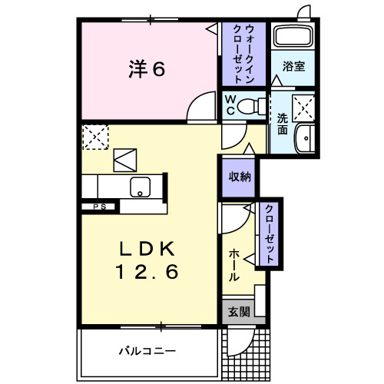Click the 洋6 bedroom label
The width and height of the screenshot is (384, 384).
coord(146,69)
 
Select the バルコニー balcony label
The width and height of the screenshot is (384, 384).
coord(147,351)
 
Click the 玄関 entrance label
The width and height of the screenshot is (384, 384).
coord(239,312)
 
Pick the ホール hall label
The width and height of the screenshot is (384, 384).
coord(233,265)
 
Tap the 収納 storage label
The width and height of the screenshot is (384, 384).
coord(238,176)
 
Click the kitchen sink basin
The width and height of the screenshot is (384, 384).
coord(141,187)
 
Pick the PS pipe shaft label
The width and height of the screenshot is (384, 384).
coord(99,206)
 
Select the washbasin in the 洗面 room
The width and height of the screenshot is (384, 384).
coord(308,138)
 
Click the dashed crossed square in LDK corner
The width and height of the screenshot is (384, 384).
coord(95,138)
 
